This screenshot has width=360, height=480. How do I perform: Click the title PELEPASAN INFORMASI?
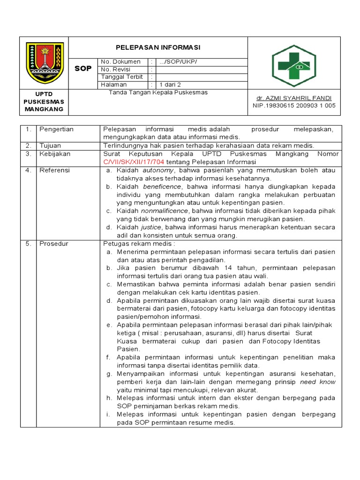coord(158,47)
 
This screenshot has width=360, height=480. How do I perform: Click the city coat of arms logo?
coord(45,62)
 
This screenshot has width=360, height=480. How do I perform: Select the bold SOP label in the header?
coord(83,68)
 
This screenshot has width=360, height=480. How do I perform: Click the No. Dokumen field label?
coord(120,62)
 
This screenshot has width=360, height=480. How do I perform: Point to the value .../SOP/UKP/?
coord(178,62)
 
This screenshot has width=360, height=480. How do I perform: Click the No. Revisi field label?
coord(115,69)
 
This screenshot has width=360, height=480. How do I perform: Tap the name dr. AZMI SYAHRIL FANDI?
coord(293,98)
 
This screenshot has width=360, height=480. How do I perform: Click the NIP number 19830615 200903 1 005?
coord(294,106)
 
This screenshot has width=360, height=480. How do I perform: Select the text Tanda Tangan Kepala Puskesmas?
coord(158,92)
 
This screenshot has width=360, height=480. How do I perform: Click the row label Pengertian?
coord(56,129)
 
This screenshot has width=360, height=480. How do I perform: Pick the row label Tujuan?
coord(50,145)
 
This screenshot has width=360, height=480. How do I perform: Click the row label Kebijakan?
coord(54,154)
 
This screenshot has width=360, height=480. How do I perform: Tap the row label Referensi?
coord(54,170)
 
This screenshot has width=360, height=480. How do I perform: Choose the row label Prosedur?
coord(53,244)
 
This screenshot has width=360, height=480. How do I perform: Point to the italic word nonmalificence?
coord(163,211)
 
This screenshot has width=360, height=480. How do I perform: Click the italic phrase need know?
coord(318,382)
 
